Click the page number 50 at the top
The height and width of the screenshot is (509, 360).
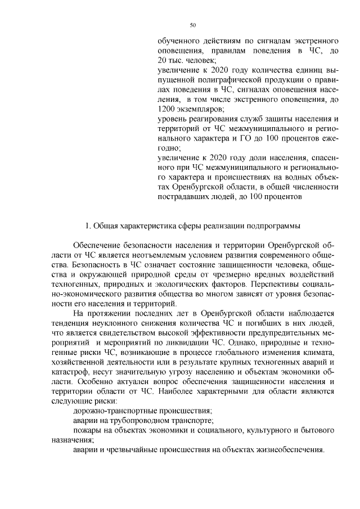pos(193,25)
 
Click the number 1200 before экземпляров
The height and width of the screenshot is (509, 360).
pos(165,108)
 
